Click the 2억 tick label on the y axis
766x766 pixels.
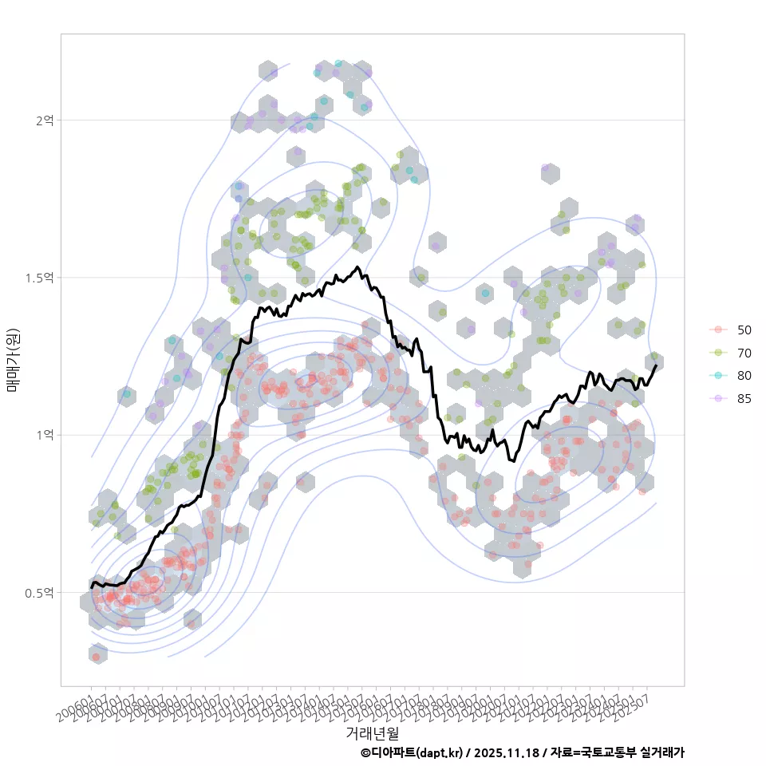tap(45, 120)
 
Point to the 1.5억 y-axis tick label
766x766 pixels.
tap(40, 278)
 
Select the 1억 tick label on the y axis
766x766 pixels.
tap(45, 435)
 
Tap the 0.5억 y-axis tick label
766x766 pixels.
tap(40, 593)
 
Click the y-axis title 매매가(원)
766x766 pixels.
tap(13, 360)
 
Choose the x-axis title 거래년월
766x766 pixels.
tap(372, 732)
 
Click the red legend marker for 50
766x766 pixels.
tap(719, 330)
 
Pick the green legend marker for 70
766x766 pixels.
tap(719, 353)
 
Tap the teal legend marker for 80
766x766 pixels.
tap(719, 376)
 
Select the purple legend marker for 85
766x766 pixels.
tap(719, 399)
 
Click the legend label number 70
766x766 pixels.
tap(744, 353)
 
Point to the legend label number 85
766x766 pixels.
tap(744, 399)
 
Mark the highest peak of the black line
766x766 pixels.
tap(357, 267)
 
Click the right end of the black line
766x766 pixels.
tap(656, 365)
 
